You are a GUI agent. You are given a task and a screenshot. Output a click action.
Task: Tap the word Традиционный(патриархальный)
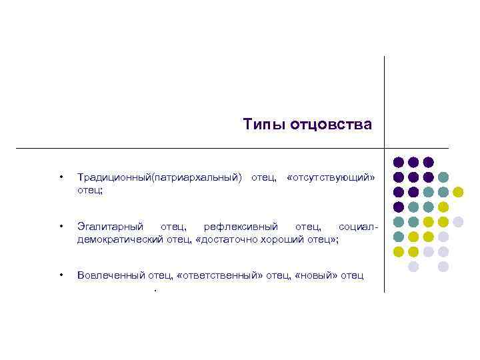pos(159,177)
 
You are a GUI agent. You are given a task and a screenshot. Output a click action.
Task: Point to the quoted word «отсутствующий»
pos(331,177)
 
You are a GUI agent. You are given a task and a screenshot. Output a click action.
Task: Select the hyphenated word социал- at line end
pos(359,228)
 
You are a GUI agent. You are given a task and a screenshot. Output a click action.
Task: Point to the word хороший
pos(281,239)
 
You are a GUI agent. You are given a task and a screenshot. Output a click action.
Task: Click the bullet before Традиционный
pos(61,177)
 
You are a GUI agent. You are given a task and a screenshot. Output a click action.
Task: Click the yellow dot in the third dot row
pos(458,192)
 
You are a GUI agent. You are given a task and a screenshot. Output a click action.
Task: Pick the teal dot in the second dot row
pos(443,177)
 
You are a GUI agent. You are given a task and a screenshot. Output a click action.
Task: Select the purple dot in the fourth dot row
pos(399,207)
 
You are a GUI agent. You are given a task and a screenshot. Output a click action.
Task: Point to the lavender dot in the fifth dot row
pos(458,221)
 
